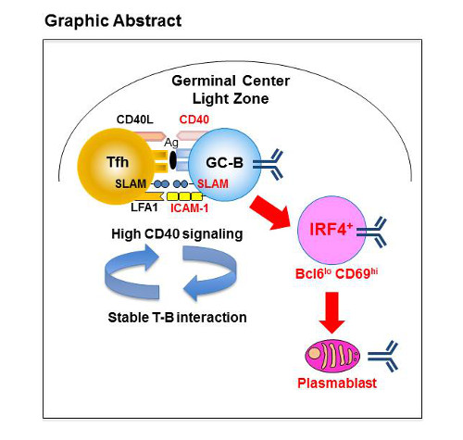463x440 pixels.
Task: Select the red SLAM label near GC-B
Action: pyautogui.click(x=214, y=184)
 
